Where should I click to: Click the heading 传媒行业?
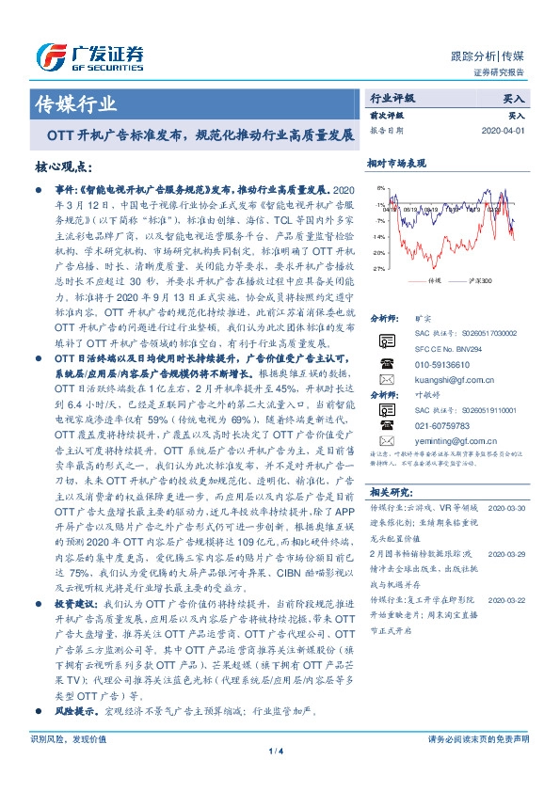point(76,103)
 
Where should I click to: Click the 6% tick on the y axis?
point(379,188)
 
